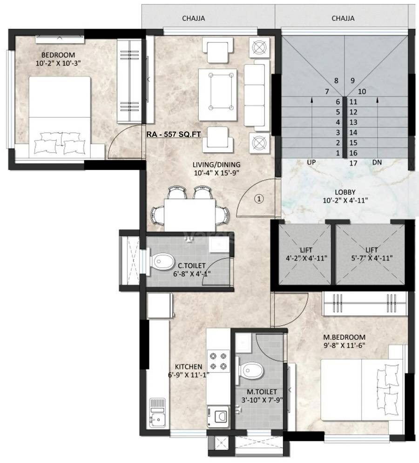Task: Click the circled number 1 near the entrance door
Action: point(259,198)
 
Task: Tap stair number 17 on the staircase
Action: point(353,163)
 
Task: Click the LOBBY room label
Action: point(345,192)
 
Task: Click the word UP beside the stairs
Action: point(312,163)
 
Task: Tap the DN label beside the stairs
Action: point(377,163)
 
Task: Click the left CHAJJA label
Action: point(193,19)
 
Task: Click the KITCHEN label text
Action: point(189,366)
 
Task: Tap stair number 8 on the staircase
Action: point(336,80)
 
